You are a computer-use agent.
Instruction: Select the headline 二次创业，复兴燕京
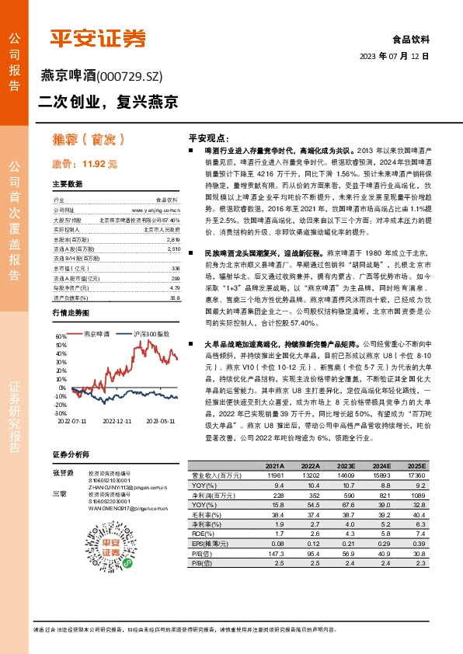[109, 101]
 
